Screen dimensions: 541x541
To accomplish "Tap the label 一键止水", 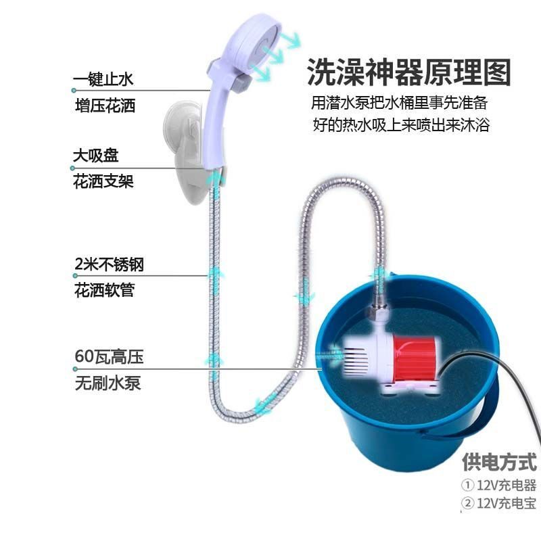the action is [x=103, y=80].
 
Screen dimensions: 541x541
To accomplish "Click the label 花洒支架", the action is [x=103, y=181].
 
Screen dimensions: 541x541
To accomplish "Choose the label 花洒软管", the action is [x=103, y=290].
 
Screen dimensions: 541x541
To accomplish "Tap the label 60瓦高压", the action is [x=108, y=356].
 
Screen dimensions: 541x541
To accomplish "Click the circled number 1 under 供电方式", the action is [x=467, y=485].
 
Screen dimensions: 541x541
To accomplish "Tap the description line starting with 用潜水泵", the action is [x=399, y=105].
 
